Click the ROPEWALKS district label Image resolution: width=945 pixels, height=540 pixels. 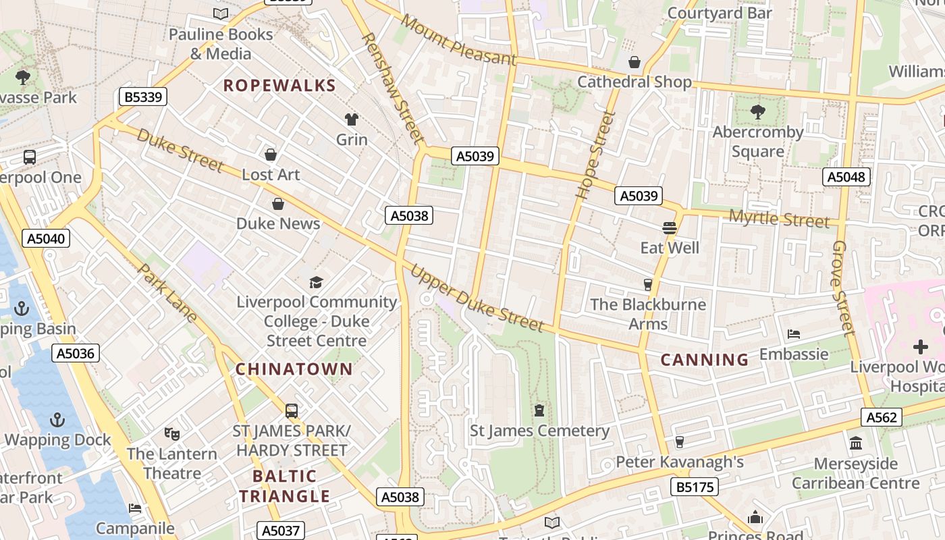coord(279,85)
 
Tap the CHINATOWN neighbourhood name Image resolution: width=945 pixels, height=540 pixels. coord(294,369)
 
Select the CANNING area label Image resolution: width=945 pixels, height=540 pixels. coord(704,359)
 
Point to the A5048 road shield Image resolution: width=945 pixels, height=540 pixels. coord(846,177)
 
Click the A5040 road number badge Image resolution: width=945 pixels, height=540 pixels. coord(46,238)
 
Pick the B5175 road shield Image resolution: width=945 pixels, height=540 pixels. coord(694,486)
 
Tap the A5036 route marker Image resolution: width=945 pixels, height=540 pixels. coord(76,352)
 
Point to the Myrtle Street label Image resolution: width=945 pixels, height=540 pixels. coord(779,219)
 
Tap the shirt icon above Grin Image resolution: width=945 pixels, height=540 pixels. coord(352,119)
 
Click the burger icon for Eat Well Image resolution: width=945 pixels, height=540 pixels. coord(670,228)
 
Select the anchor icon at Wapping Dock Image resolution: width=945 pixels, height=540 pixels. coord(57,420)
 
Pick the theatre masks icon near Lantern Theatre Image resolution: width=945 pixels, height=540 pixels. coord(171,433)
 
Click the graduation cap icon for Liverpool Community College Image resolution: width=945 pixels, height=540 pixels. coord(316,282)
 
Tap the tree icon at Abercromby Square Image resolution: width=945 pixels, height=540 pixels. coord(757,112)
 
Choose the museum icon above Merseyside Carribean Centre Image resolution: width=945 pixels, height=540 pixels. coord(856,443)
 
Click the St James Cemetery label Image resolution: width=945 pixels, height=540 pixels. coord(539,431)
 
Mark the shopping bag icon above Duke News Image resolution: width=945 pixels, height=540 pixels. coord(278,204)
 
